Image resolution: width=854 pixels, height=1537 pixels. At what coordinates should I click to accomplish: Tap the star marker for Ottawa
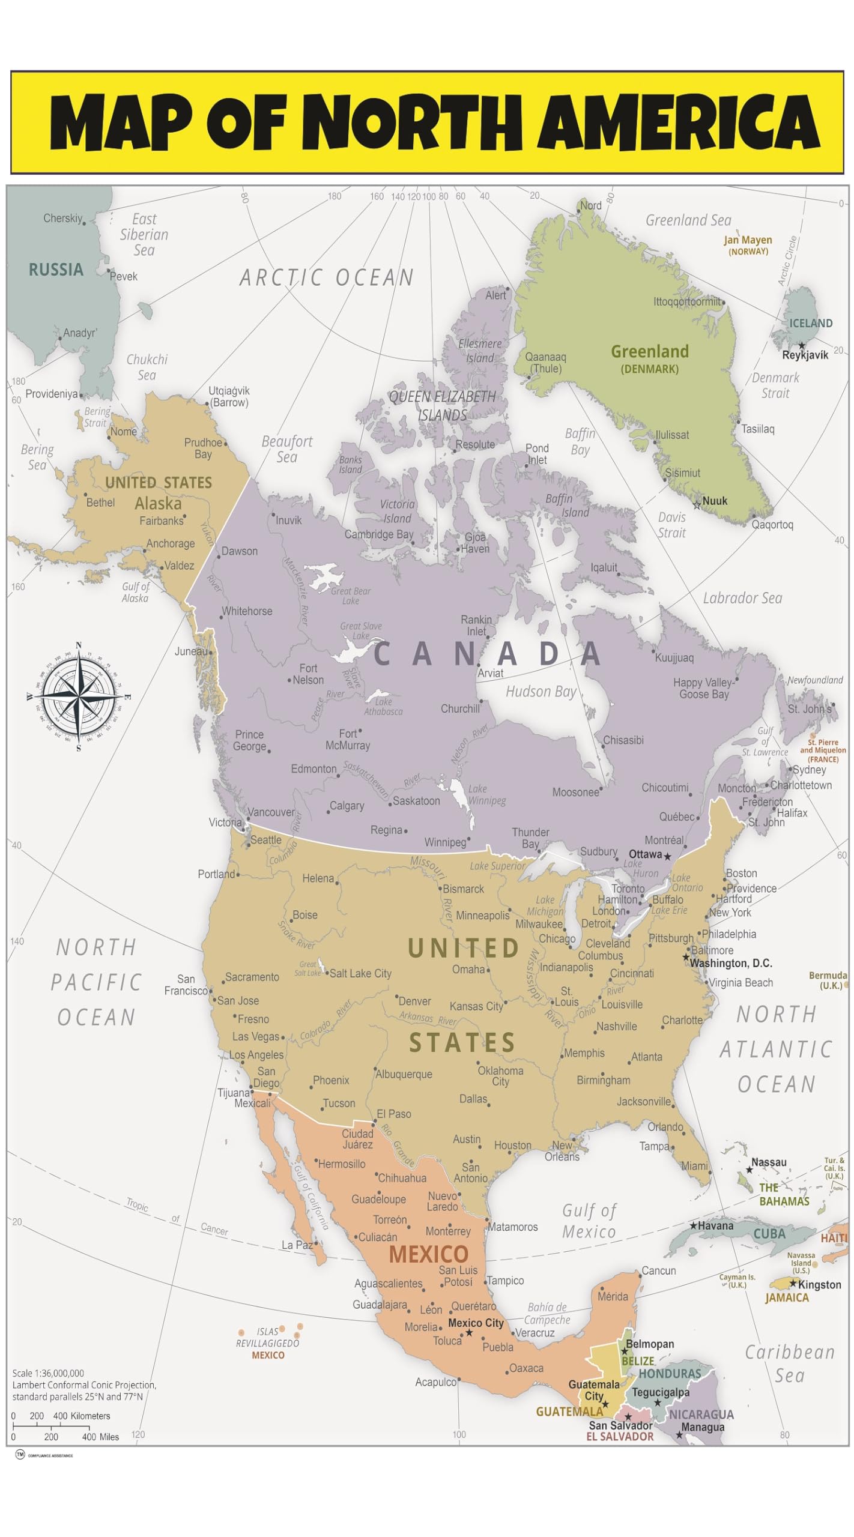[667, 856]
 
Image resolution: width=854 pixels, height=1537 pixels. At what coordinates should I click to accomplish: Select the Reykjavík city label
[805, 355]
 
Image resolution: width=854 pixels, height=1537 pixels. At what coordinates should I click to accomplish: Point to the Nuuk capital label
[715, 501]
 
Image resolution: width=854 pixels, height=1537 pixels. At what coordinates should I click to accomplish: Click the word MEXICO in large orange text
[428, 1254]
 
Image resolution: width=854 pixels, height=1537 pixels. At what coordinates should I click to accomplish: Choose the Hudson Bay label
[541, 692]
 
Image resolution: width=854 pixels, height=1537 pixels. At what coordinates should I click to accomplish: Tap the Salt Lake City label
[360, 973]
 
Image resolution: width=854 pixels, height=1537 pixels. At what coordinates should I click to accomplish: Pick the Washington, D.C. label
[730, 963]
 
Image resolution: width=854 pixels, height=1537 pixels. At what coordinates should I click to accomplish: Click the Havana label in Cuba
[715, 1226]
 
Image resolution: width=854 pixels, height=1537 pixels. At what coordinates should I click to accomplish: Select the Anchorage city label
[171, 543]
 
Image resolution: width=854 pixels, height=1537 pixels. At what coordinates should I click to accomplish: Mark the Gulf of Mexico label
[589, 1221]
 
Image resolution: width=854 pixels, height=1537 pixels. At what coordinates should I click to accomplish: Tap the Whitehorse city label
[247, 611]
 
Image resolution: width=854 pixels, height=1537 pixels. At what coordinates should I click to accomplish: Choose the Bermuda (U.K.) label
[828, 980]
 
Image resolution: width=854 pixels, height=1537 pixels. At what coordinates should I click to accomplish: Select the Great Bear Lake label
[351, 596]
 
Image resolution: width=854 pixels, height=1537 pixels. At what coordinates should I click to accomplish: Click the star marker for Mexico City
[469, 1333]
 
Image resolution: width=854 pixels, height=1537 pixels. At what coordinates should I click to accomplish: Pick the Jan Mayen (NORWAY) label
[748, 245]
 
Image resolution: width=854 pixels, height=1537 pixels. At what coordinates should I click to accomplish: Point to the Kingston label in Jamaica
[819, 1285]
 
